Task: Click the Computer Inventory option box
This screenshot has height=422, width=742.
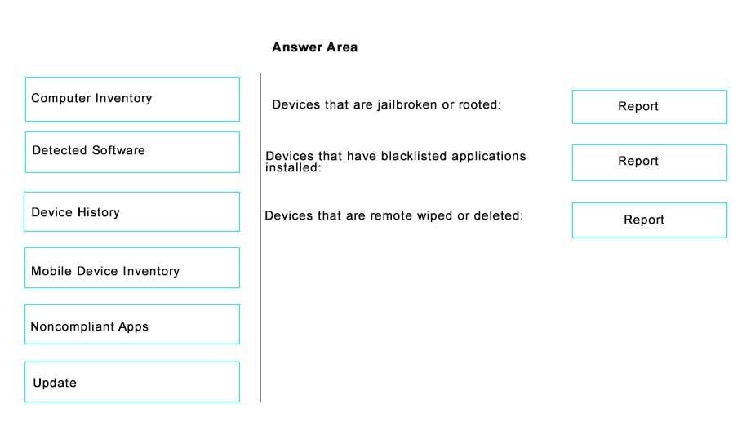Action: pyautogui.click(x=132, y=100)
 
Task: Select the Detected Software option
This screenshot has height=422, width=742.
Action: pyautogui.click(x=132, y=152)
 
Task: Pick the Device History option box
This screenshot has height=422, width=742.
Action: pyautogui.click(x=132, y=212)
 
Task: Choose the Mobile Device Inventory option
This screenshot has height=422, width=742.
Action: pyautogui.click(x=132, y=268)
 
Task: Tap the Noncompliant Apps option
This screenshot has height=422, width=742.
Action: pyautogui.click(x=132, y=325)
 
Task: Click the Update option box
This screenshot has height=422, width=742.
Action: pyautogui.click(x=132, y=382)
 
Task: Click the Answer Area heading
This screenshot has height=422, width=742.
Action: pyautogui.click(x=315, y=47)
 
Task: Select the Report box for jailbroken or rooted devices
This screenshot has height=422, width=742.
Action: pyautogui.click(x=649, y=107)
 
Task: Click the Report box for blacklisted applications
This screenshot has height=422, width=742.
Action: pyautogui.click(x=649, y=162)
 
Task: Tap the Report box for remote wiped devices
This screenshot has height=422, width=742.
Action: pyautogui.click(x=649, y=220)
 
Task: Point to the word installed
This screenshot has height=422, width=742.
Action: pyautogui.click(x=292, y=167)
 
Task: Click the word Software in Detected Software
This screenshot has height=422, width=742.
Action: pyautogui.click(x=118, y=150)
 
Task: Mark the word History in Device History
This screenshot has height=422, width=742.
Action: pyautogui.click(x=99, y=212)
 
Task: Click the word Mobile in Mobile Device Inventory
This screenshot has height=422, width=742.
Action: pyautogui.click(x=51, y=271)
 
